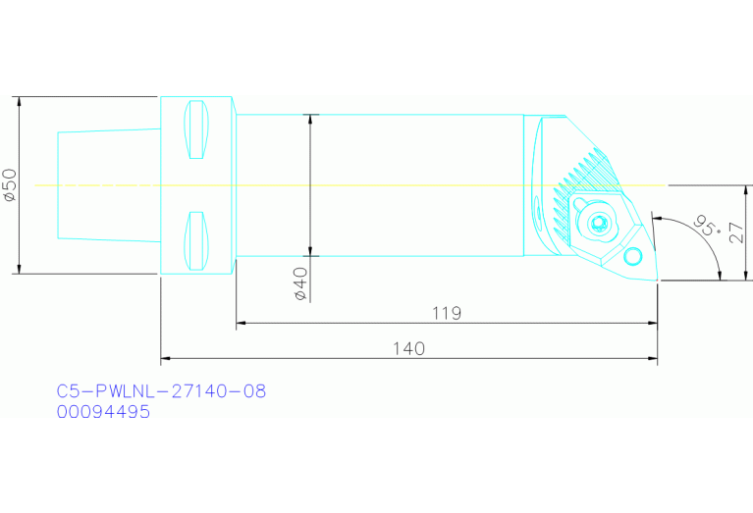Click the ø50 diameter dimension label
click(x=11, y=184)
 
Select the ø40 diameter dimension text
click(x=300, y=283)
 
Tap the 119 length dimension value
click(x=447, y=314)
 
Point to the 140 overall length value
click(x=408, y=349)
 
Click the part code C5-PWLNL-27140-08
click(x=161, y=391)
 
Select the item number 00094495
click(x=103, y=412)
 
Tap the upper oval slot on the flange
click(x=196, y=129)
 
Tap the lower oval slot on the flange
click(x=196, y=240)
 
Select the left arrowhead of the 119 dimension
click(x=241, y=323)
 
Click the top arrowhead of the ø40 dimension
click(x=311, y=119)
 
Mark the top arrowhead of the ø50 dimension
click(x=19, y=101)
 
